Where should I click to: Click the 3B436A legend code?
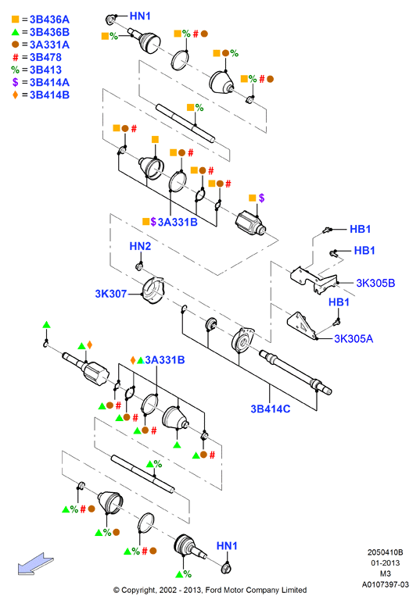click(49, 20)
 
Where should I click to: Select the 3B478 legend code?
click(45, 57)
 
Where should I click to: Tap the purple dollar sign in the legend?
click(15, 82)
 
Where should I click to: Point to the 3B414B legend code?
click(49, 95)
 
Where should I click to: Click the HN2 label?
click(140, 246)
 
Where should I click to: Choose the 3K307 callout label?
click(111, 294)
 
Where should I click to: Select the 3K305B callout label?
click(375, 283)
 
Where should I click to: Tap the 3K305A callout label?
click(354, 339)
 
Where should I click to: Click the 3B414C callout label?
click(271, 409)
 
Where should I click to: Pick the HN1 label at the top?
click(140, 16)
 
